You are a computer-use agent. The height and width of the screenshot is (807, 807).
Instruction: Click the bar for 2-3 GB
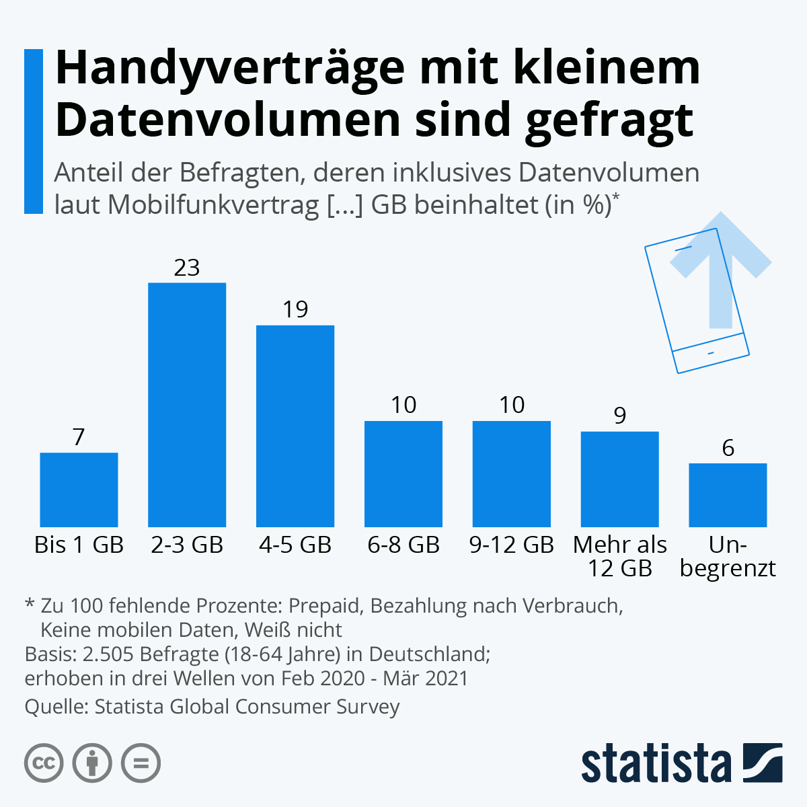pyautogui.click(x=187, y=404)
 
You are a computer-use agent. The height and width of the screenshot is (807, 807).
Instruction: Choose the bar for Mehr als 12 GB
pyautogui.click(x=619, y=479)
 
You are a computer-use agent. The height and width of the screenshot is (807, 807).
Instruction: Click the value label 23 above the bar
pyautogui.click(x=187, y=268)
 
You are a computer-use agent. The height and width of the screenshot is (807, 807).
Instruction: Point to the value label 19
pyautogui.click(x=295, y=309)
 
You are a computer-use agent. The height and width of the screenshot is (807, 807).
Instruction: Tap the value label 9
pyautogui.click(x=619, y=416)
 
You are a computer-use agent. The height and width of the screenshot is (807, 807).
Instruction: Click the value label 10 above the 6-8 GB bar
pyautogui.click(x=403, y=405)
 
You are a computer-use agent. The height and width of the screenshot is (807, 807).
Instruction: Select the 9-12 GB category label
pyautogui.click(x=511, y=545)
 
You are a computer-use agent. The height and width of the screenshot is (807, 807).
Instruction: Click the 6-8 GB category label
pyautogui.click(x=403, y=545)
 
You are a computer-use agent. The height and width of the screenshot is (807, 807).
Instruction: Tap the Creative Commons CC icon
pyautogui.click(x=44, y=763)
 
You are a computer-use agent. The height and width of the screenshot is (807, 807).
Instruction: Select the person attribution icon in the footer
pyautogui.click(x=92, y=763)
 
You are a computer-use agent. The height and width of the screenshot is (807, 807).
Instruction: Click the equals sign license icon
pyautogui.click(x=141, y=763)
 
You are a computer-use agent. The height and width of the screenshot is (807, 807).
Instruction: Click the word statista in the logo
pyautogui.click(x=656, y=764)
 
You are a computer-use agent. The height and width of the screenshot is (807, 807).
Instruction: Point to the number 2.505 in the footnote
pyautogui.click(x=108, y=654)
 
